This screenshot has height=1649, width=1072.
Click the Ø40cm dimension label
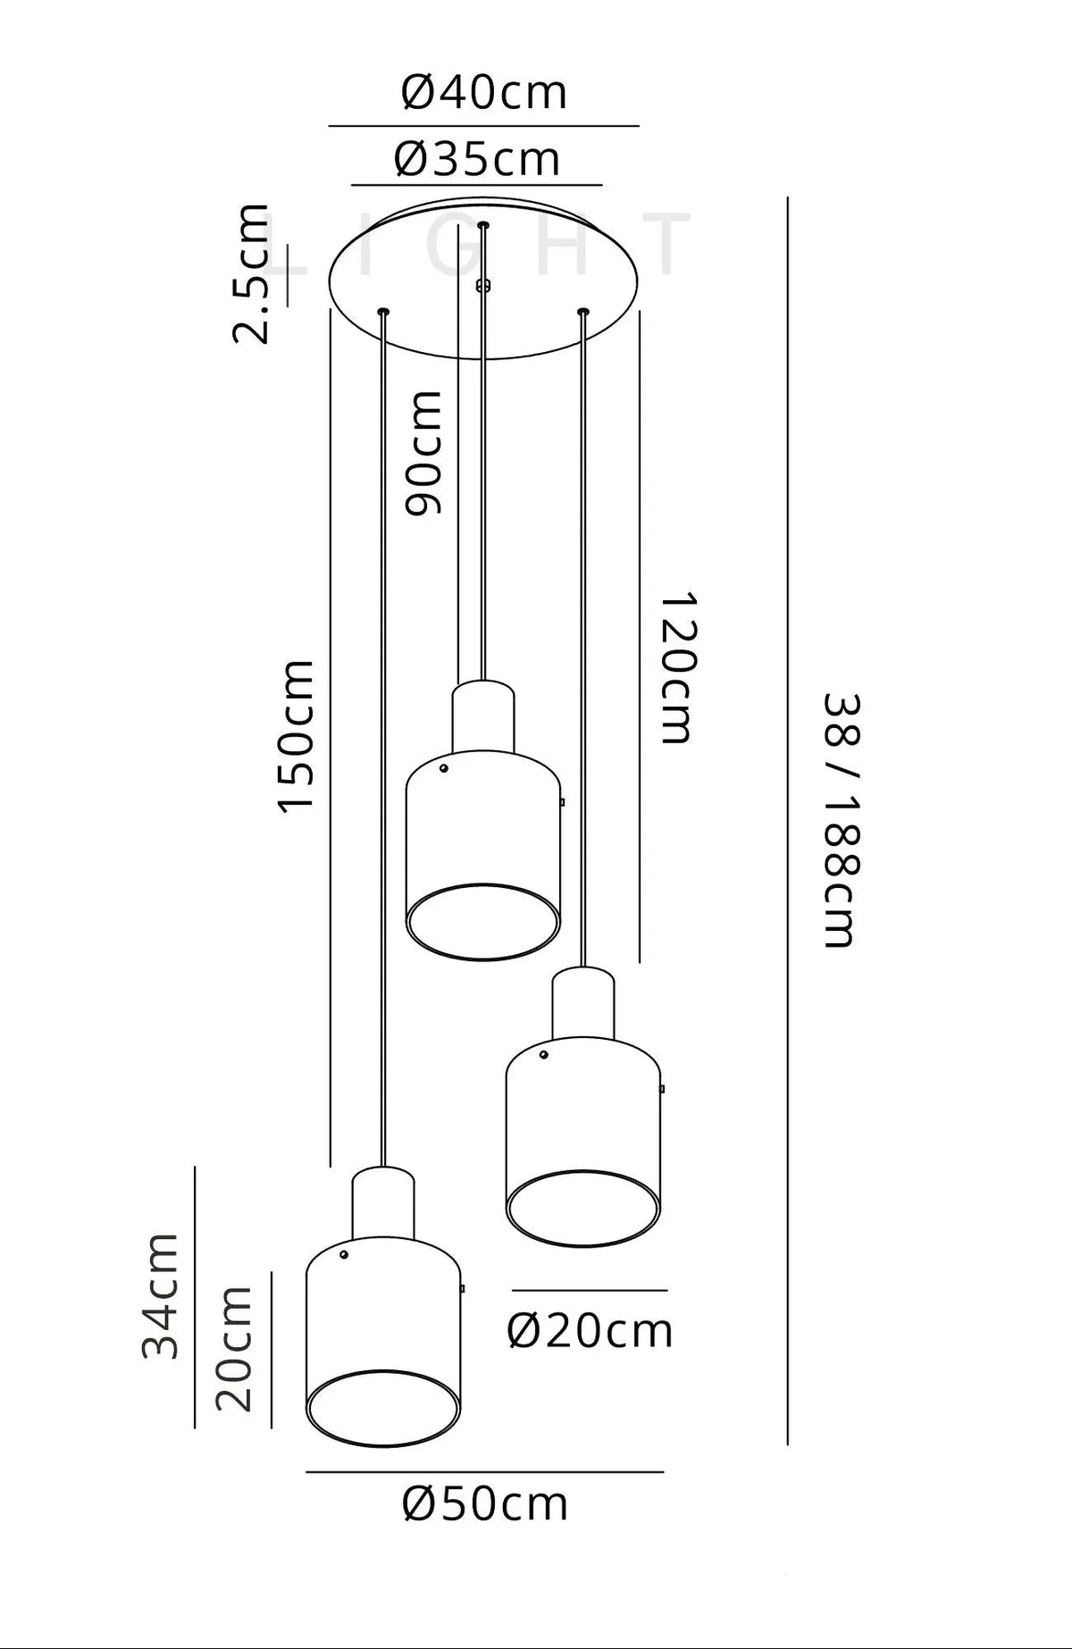pyautogui.click(x=484, y=92)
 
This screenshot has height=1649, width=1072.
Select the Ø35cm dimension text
pyautogui.click(x=477, y=160)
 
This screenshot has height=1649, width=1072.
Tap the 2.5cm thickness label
pyautogui.click(x=250, y=273)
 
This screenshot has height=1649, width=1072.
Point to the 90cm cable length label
pyautogui.click(x=423, y=453)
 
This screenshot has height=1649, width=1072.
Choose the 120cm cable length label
pyautogui.click(x=676, y=667)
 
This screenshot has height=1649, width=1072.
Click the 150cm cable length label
pyautogui.click(x=296, y=736)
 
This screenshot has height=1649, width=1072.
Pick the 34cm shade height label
pyautogui.click(x=161, y=1296)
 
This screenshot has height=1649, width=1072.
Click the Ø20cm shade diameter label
pyautogui.click(x=590, y=1331)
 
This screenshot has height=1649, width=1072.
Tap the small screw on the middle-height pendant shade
pyautogui.click(x=543, y=1055)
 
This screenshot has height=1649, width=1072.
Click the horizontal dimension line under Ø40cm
pyautogui.click(x=484, y=126)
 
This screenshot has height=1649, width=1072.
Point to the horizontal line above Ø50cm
pyautogui.click(x=485, y=1471)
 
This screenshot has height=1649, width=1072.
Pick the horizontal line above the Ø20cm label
pyautogui.click(x=590, y=1290)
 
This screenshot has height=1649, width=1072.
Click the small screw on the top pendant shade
pyautogui.click(x=443, y=768)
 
